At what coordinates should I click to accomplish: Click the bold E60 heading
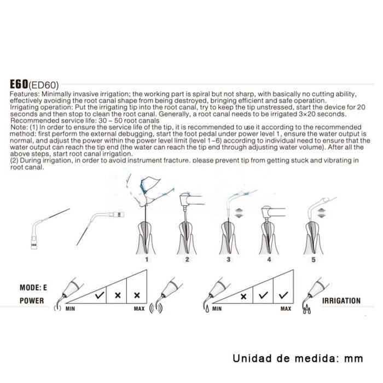point(19,84)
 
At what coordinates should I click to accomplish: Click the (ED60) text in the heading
point(44,85)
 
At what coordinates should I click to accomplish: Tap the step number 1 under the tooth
point(147,259)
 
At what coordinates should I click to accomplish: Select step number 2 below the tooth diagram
point(187,259)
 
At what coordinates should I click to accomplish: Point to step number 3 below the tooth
point(229,259)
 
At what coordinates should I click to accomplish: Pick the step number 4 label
point(269,259)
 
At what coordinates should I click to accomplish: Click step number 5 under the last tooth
point(314,259)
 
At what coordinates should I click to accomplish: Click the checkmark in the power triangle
point(100,295)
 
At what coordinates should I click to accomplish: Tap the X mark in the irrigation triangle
point(243,297)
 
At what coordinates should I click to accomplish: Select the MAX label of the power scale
point(139,309)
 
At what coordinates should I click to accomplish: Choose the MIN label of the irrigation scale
point(217,309)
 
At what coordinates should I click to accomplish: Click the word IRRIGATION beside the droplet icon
point(341,301)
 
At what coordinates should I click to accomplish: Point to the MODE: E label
point(33,287)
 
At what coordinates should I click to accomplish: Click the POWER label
point(32,301)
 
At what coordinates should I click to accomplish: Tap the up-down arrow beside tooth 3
point(239,213)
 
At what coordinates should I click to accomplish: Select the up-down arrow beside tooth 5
point(322,213)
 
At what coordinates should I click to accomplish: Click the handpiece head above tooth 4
point(267,212)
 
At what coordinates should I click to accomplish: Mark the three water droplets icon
point(307,310)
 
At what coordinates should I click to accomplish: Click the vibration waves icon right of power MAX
point(156,309)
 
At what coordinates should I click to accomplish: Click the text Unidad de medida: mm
point(298,358)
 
